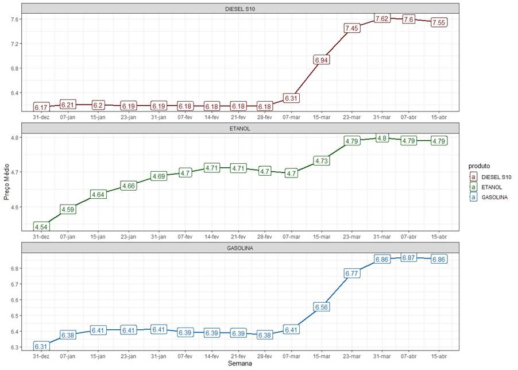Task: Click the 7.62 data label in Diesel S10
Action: click(382, 19)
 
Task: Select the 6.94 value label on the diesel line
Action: click(322, 60)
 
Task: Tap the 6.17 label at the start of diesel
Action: click(41, 107)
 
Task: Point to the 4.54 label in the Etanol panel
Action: click(41, 227)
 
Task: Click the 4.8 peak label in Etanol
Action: click(382, 138)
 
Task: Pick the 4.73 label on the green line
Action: click(322, 161)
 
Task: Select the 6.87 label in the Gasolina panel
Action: click(409, 259)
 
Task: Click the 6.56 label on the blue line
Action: click(322, 307)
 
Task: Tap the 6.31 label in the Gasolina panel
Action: click(41, 346)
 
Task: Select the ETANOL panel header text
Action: click(241, 129)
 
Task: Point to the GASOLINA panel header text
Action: click(241, 248)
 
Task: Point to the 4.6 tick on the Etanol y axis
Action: click(13, 207)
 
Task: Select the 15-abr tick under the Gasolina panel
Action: click(439, 356)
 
